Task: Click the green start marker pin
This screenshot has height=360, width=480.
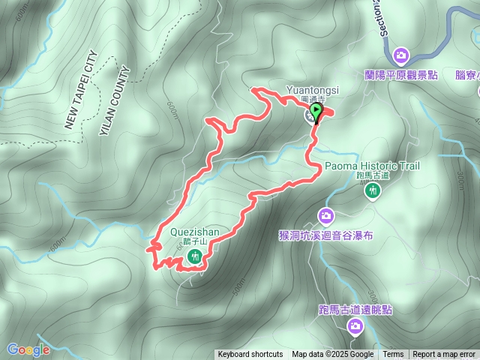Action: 316,112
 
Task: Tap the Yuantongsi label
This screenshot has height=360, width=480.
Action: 312,90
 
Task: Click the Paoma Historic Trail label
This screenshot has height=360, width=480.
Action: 372,166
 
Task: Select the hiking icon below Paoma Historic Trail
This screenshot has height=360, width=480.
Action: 372,190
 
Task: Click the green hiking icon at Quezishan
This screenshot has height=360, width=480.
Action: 195,257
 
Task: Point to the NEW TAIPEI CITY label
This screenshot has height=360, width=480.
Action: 82,90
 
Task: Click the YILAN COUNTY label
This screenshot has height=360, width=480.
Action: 114,101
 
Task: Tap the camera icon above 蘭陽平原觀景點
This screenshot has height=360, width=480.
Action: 402,55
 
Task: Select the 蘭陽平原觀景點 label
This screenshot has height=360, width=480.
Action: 401,75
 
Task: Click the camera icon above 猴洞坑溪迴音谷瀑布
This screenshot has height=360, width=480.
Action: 326,216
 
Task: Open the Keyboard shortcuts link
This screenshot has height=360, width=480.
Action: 250,355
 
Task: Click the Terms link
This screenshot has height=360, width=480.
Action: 393,355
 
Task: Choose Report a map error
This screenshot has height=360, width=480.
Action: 444,355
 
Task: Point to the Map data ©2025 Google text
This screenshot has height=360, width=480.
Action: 333,355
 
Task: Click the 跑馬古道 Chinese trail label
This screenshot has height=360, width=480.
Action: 373,175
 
